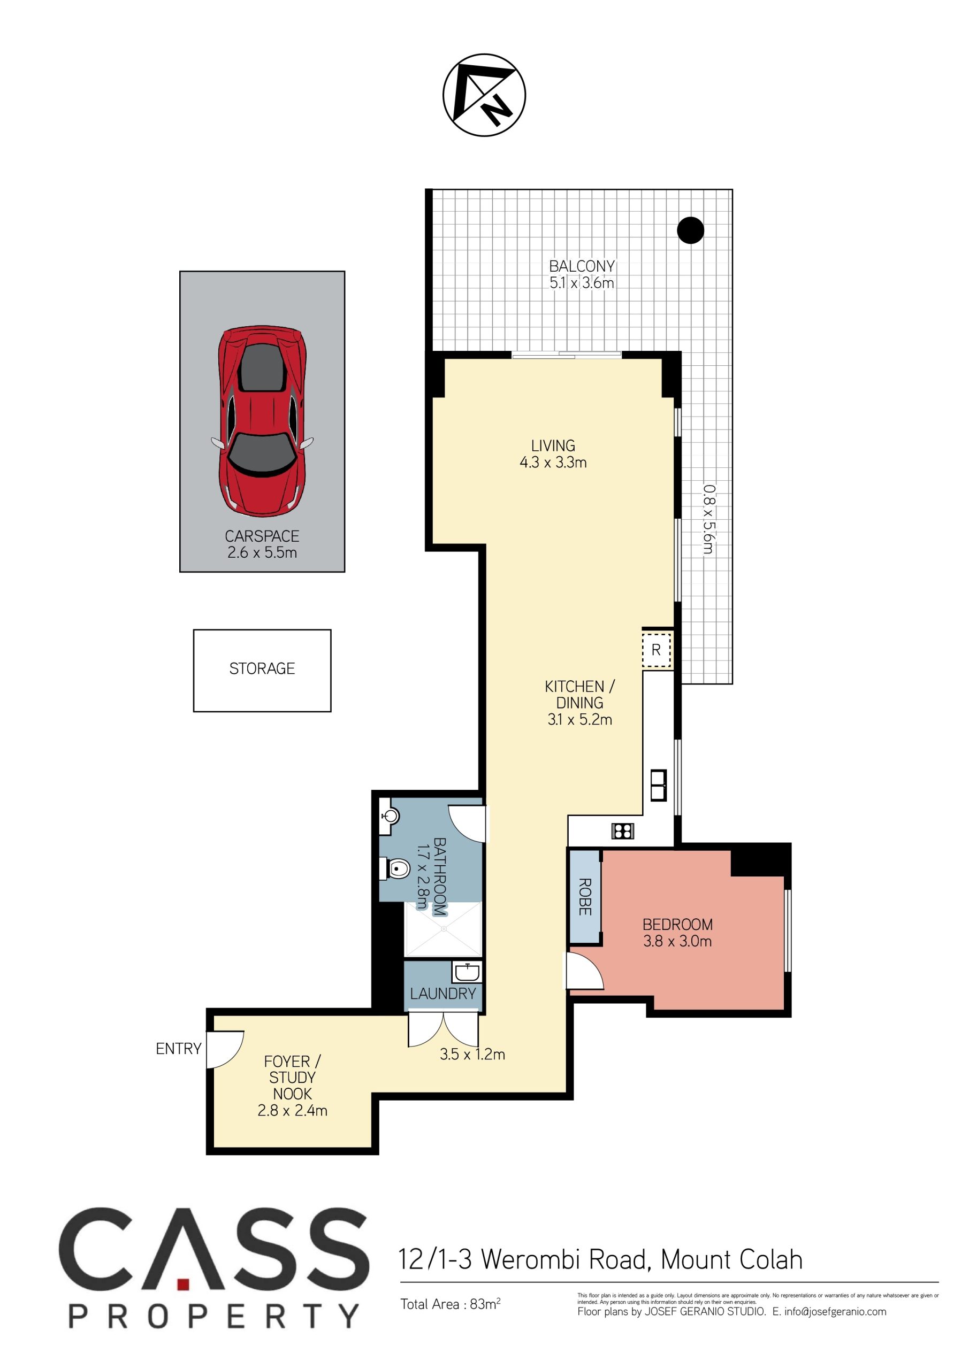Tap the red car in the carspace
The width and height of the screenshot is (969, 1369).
pyautogui.click(x=262, y=421)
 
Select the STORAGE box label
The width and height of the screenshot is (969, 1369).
pyautogui.click(x=262, y=668)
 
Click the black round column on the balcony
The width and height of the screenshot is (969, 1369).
pyautogui.click(x=690, y=229)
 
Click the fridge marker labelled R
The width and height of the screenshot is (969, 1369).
pyautogui.click(x=657, y=650)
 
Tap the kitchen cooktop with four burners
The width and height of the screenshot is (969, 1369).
pyautogui.click(x=622, y=830)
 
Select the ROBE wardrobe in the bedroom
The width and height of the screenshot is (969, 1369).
pyautogui.click(x=585, y=897)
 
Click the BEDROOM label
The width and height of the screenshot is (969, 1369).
pyautogui.click(x=677, y=925)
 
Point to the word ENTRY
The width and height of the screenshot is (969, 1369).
pyautogui.click(x=178, y=1049)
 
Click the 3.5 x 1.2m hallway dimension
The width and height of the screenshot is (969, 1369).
pyautogui.click(x=472, y=1054)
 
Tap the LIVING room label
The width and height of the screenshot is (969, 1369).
pyautogui.click(x=553, y=445)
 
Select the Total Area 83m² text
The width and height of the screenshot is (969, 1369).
pyautogui.click(x=451, y=1303)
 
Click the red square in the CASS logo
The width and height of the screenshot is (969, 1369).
pyautogui.click(x=183, y=1284)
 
